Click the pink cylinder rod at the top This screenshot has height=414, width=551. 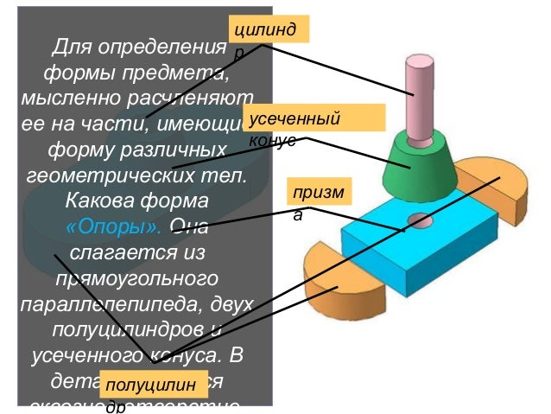coord(420,95)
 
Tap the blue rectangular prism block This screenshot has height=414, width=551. coord(406,251)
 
